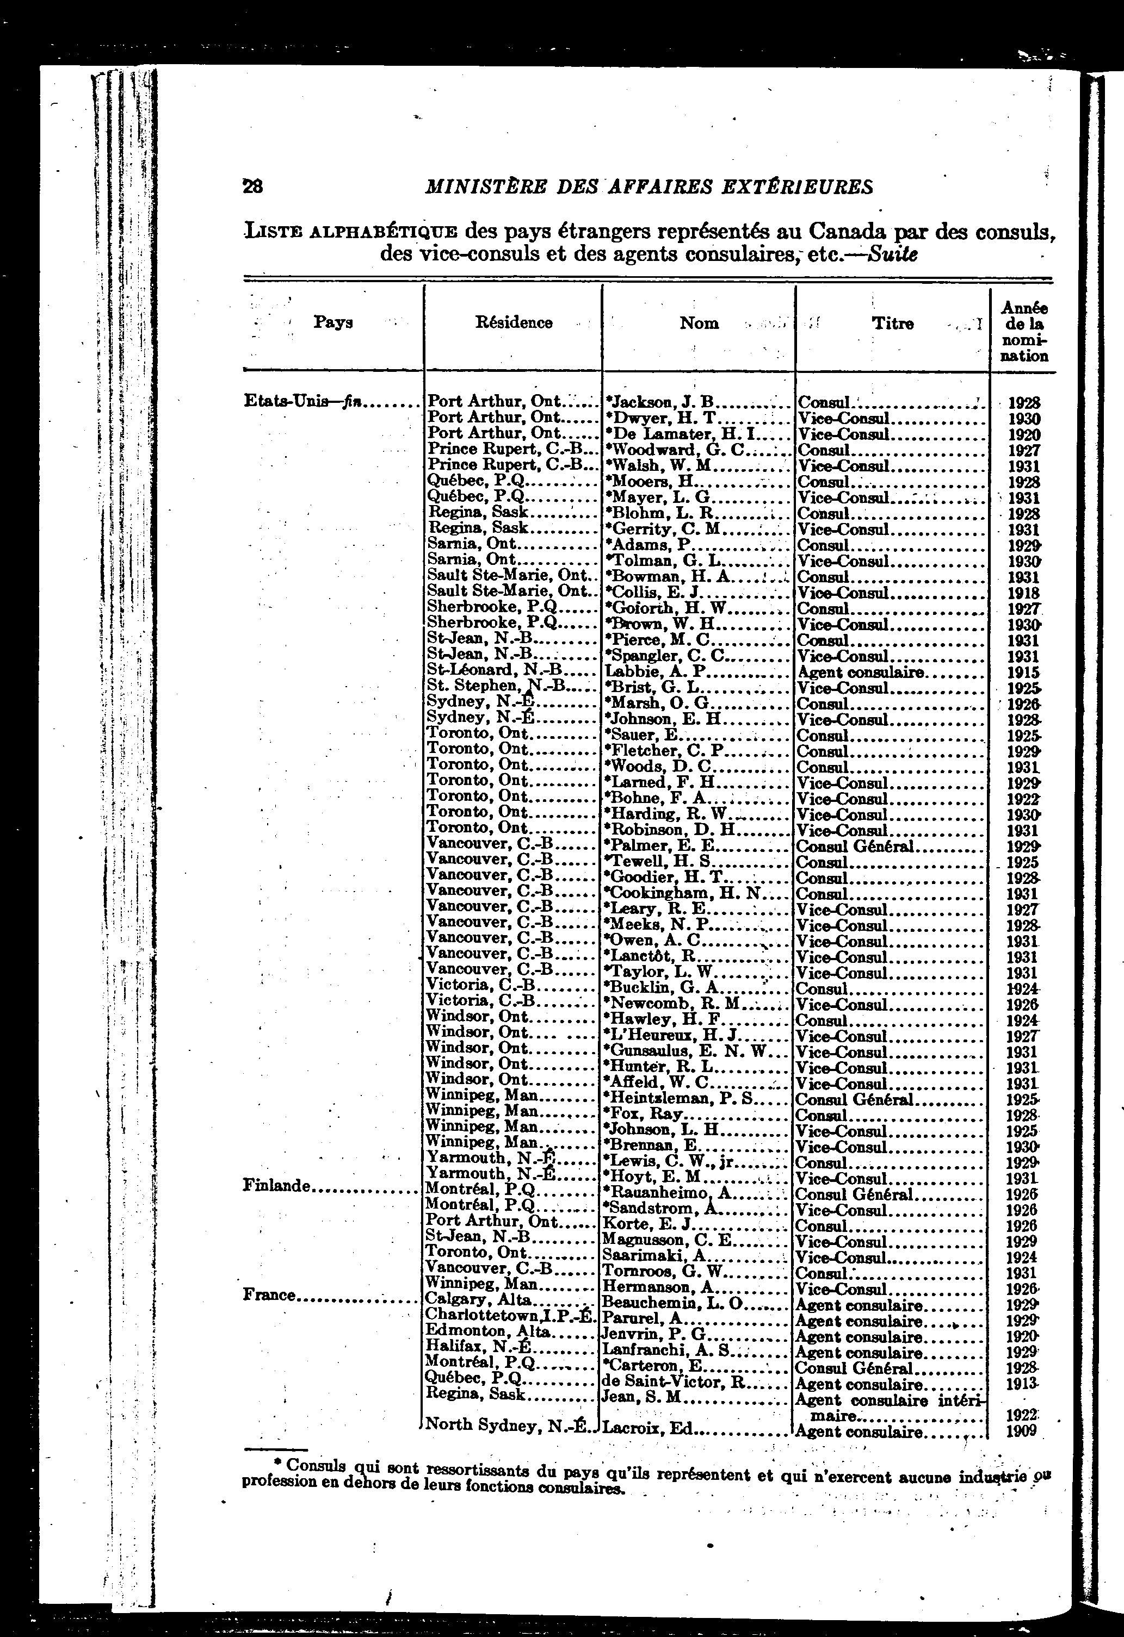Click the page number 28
252,186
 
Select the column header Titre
893,323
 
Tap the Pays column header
332,322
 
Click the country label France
269,1294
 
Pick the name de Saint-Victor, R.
675,1382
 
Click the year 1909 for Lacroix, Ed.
1021,1430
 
